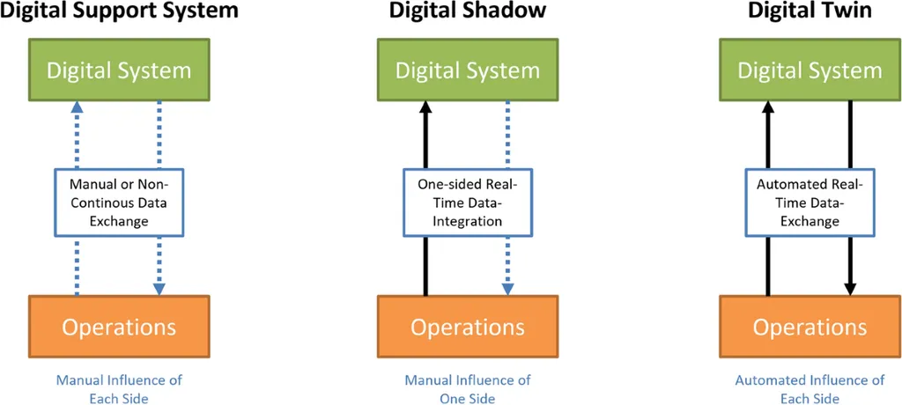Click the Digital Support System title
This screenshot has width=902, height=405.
coord(119,11)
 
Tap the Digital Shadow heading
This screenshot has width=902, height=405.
coord(468,11)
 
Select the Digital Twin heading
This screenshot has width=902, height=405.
coord(810,11)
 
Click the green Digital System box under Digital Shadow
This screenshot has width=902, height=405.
coord(468,70)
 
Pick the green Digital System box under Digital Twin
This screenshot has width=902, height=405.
coord(810,70)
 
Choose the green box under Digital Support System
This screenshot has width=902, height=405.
coord(119,70)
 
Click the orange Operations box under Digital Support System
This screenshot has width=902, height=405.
coord(119,327)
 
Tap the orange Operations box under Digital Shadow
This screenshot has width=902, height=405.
coord(468,327)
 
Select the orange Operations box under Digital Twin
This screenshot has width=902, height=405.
coord(810,327)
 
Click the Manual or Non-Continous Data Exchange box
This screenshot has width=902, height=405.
coord(119,202)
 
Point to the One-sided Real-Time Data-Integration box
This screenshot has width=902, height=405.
coord(468,202)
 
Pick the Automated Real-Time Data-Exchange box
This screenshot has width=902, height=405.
coord(810,202)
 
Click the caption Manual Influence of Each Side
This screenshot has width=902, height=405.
coord(119,389)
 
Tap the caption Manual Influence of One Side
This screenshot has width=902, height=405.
coord(468,389)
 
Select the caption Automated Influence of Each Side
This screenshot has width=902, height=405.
coord(810,389)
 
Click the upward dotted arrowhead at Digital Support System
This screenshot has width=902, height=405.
coord(77,106)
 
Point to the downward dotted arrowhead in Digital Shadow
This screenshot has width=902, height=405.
coord(508,288)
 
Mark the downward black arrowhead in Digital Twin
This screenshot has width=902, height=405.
coord(850,288)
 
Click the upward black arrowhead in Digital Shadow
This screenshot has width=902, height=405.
coord(425,106)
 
